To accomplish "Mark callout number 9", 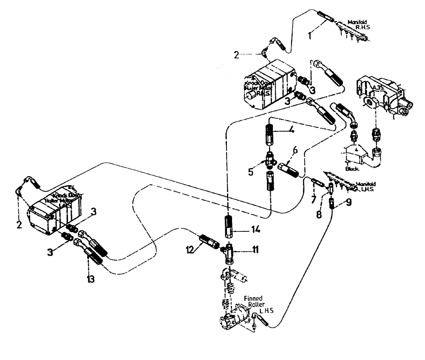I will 349,203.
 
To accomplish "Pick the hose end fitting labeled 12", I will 209,242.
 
